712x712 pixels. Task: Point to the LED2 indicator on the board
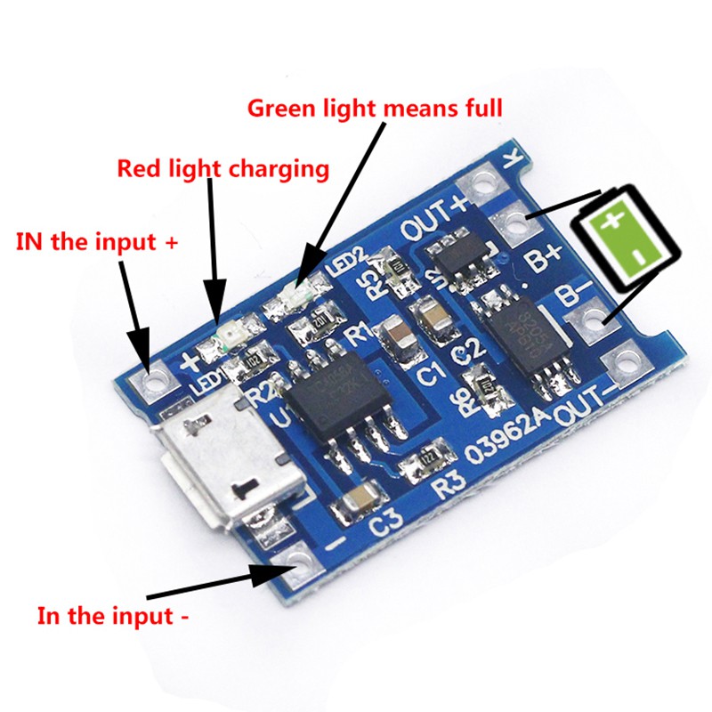[x=299, y=290]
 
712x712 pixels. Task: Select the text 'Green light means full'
[x=375, y=109]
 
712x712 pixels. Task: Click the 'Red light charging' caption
[x=223, y=168]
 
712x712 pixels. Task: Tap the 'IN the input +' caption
[x=88, y=241]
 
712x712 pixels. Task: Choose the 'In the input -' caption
[x=112, y=615]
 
